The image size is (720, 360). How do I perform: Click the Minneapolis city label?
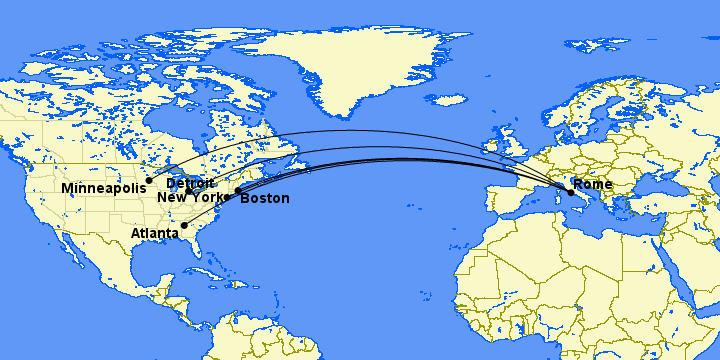pos(102,189)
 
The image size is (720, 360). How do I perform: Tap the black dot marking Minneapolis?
pos(149,181)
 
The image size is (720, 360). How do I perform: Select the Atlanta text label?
pos(154,234)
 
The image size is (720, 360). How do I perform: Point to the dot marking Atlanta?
pos(184,225)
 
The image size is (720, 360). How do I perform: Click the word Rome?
pos(594,185)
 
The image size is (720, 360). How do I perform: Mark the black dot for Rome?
pos(571,192)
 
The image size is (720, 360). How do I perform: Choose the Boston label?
pos(265,199)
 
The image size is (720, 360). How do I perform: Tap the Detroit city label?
pos(190,184)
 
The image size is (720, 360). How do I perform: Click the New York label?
pos(190,198)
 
